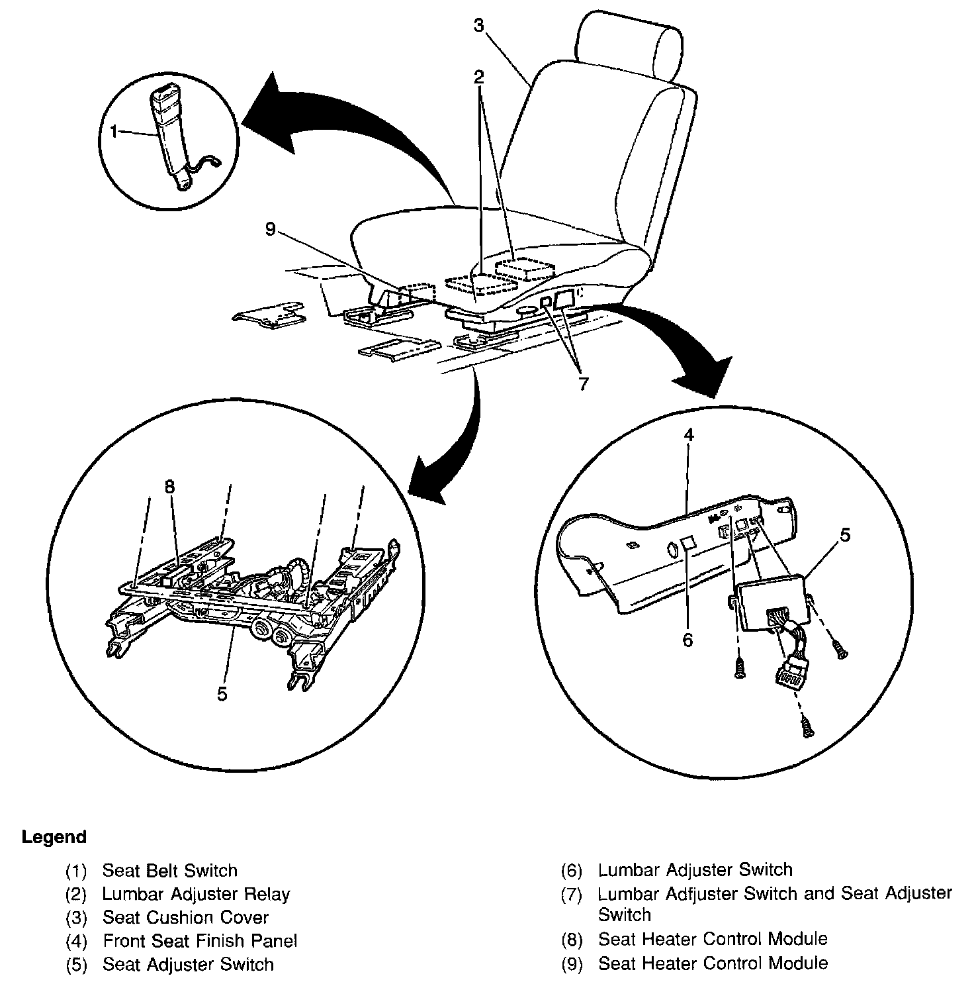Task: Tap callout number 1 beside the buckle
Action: click(114, 132)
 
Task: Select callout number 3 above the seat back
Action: click(478, 25)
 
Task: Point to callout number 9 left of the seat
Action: click(269, 229)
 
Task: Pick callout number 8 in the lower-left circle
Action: click(170, 487)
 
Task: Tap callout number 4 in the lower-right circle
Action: click(689, 435)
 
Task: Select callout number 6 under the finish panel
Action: click(687, 640)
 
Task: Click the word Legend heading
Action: click(54, 837)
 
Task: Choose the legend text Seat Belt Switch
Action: click(169, 871)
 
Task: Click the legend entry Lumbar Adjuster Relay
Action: click(196, 895)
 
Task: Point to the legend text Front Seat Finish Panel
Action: click(200, 941)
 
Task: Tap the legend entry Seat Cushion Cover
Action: click(185, 918)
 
